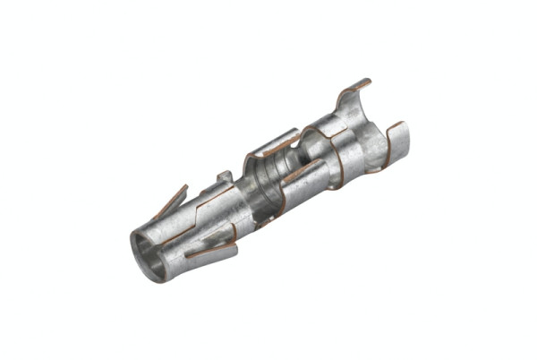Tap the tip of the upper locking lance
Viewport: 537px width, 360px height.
pos(184,187)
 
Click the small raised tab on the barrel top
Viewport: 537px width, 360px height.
pos(225,176)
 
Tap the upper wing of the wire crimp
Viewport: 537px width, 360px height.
pos(273,143)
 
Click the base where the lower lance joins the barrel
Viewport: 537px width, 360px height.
pos(229,238)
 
